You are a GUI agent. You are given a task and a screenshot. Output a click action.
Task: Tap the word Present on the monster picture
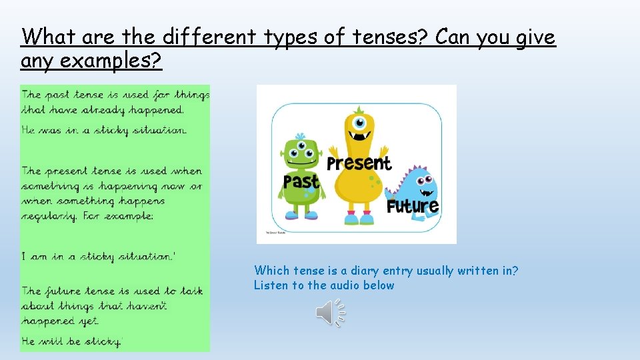[359, 163]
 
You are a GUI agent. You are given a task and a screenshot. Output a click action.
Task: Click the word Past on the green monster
[301, 181]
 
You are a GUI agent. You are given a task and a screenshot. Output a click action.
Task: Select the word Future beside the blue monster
[413, 206]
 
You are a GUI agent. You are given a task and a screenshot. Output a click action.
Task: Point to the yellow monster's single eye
[360, 123]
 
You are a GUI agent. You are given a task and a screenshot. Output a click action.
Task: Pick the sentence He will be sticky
[72, 341]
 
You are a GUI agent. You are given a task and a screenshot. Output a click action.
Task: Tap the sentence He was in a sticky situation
[104, 131]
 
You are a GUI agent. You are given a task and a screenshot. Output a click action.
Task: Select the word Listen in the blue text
[270, 285]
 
